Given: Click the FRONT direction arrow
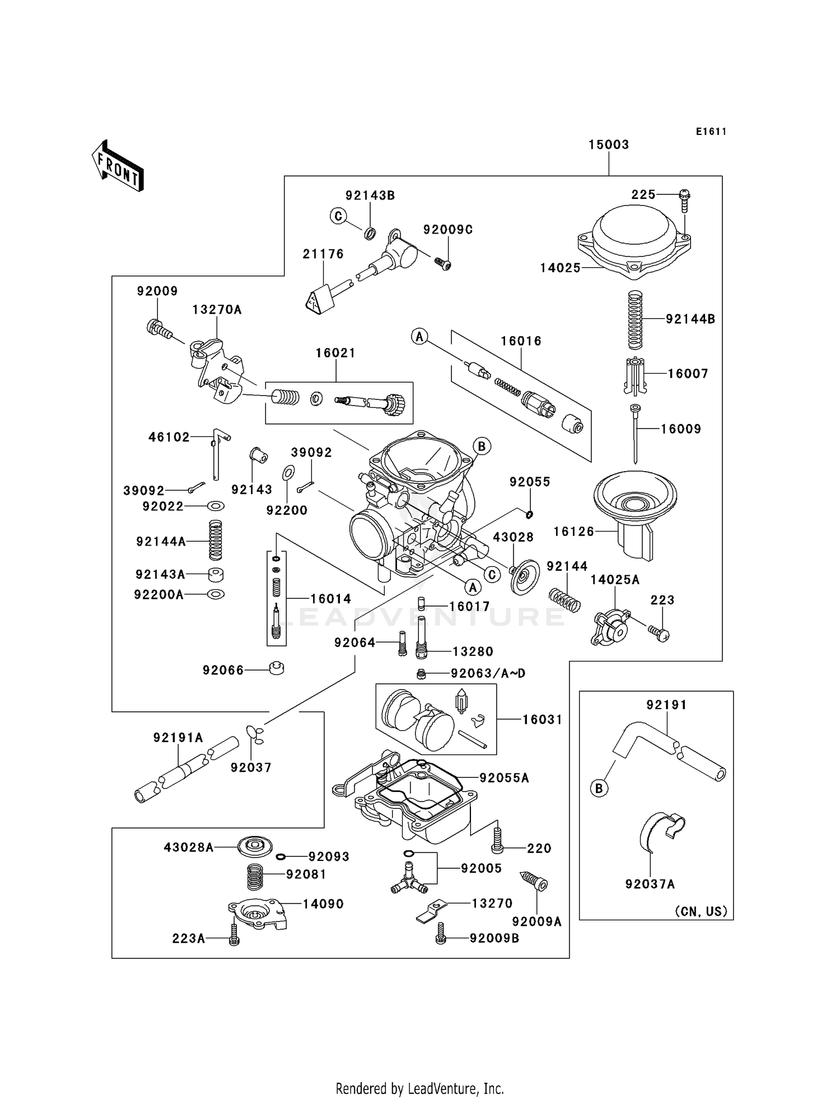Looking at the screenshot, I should (x=118, y=166).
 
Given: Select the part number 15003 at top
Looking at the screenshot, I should (x=608, y=145).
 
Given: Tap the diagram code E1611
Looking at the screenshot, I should (x=711, y=132).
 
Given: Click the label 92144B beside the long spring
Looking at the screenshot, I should (x=690, y=319).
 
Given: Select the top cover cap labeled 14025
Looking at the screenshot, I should (x=634, y=241).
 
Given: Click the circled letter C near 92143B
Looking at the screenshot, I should (x=338, y=216).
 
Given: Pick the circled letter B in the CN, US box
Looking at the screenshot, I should (x=599, y=789).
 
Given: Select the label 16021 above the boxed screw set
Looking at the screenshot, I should (x=335, y=353).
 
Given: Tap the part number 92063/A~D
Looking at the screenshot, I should (x=488, y=673).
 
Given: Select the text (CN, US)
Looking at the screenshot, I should (x=701, y=911).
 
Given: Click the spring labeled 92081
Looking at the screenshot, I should (x=255, y=877).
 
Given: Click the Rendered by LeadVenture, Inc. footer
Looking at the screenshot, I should (x=419, y=1088).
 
